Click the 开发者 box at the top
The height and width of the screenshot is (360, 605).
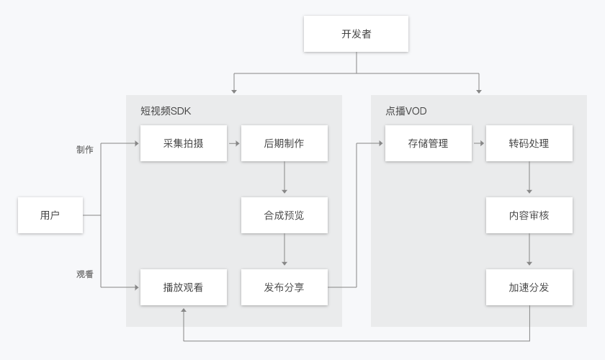click(x=356, y=34)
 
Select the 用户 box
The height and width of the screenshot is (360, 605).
click(x=50, y=215)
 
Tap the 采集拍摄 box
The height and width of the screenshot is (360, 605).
click(x=184, y=143)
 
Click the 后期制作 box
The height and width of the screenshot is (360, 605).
click(x=284, y=143)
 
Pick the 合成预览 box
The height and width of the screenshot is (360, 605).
click(x=284, y=215)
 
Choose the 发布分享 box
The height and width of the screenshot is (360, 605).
click(x=284, y=287)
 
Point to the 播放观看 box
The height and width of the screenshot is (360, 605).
click(x=184, y=287)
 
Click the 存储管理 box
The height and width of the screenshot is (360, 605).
click(x=428, y=143)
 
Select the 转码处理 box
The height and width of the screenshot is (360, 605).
click(x=529, y=143)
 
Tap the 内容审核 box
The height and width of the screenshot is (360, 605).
click(x=529, y=215)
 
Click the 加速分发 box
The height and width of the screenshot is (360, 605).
click(x=529, y=287)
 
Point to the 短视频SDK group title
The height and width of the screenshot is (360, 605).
click(x=166, y=111)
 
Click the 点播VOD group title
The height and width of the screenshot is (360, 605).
click(x=406, y=111)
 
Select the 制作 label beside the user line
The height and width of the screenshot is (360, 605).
click(x=85, y=150)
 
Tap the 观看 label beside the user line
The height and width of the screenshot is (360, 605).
click(x=85, y=274)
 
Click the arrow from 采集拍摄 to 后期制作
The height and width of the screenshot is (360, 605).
click(x=234, y=143)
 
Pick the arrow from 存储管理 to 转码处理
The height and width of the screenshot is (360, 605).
click(x=479, y=143)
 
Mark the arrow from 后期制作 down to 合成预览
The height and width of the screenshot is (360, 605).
click(x=284, y=179)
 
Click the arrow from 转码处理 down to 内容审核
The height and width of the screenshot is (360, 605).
click(x=529, y=179)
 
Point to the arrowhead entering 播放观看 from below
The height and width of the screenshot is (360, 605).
click(x=184, y=310)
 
